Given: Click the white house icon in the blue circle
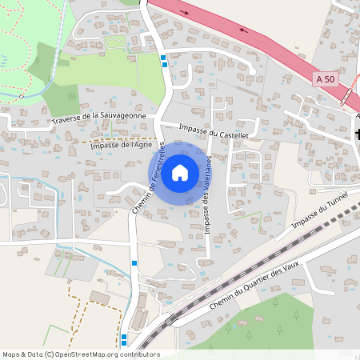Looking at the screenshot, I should [x=179, y=172].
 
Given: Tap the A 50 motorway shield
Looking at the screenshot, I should [x=326, y=78].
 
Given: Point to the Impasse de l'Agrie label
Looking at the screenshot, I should [x=121, y=146].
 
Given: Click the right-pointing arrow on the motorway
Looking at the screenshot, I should [x=187, y=12].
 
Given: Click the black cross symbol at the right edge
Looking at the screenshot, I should [x=358, y=134].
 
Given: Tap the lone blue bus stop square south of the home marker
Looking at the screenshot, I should [x=134, y=262].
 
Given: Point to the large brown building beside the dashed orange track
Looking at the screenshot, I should [x=100, y=297].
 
